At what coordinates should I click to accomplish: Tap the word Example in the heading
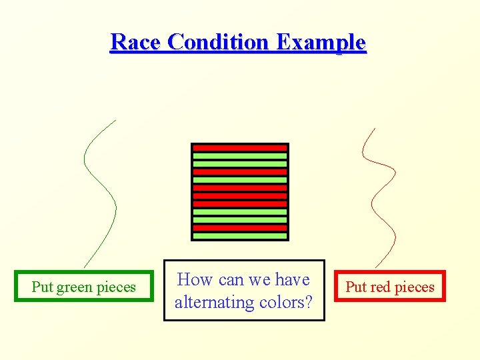click(321, 42)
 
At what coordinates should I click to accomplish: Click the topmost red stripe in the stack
click(240, 147)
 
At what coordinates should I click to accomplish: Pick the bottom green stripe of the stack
click(240, 235)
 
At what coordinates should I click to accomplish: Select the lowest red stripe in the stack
click(240, 227)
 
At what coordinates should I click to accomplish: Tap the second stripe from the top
click(240, 155)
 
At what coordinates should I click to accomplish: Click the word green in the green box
click(75, 287)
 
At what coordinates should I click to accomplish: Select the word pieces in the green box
click(115, 287)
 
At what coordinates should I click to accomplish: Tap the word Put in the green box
click(42, 287)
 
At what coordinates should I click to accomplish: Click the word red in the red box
click(379, 287)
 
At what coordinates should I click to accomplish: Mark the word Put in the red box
click(356, 287)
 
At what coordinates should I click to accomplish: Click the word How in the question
click(195, 280)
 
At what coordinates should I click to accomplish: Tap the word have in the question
click(293, 280)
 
